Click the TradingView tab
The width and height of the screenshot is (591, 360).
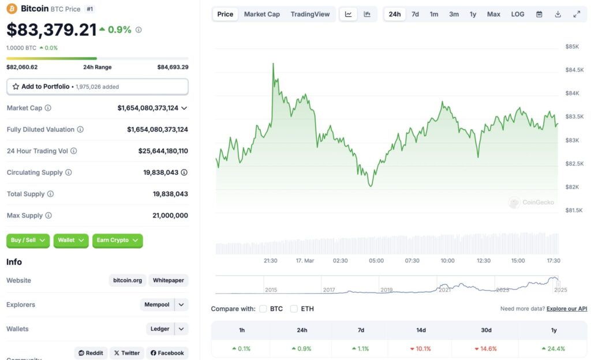[310, 14]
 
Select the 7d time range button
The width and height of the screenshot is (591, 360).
[415, 14]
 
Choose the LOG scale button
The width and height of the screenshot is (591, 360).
[518, 14]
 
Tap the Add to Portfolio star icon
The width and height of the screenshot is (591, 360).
[16, 87]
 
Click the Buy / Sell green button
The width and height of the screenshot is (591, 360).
[28, 240]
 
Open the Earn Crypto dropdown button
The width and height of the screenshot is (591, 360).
[117, 240]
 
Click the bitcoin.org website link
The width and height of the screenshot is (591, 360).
[128, 280]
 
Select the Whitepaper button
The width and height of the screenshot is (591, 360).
[169, 280]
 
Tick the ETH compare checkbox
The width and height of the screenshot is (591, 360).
[294, 309]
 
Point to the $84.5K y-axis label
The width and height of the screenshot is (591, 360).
[575, 70]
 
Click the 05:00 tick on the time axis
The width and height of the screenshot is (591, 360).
[376, 261]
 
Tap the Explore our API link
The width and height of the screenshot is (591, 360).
[567, 309]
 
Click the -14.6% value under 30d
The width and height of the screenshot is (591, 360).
[486, 348]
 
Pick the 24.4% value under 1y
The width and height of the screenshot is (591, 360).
[553, 348]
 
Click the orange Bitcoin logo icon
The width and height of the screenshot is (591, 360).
[12, 9]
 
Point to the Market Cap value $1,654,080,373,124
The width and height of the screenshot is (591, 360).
[148, 108]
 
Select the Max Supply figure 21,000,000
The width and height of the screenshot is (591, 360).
[170, 215]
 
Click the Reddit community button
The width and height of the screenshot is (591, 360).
[91, 352]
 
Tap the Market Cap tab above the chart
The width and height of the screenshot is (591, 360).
[261, 14]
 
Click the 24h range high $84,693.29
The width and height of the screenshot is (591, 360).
[173, 67]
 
